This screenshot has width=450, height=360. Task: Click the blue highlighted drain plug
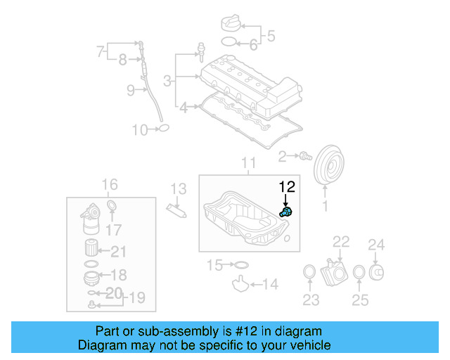[287, 211]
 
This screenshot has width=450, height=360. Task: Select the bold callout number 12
[288, 186]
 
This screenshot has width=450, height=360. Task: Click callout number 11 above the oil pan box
[250, 165]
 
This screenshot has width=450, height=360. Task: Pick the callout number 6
[255, 45]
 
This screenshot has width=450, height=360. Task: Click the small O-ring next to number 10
[163, 129]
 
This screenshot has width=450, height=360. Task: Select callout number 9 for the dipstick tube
[131, 89]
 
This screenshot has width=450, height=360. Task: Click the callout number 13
[179, 188]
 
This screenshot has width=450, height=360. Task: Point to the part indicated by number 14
[241, 285]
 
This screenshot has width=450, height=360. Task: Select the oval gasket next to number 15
[239, 265]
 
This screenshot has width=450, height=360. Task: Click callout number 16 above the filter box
[110, 185]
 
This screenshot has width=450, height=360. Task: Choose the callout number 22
[341, 243]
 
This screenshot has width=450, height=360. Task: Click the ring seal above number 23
[307, 273]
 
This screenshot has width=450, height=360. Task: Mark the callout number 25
[360, 302]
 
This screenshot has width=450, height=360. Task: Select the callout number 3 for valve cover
[167, 82]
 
